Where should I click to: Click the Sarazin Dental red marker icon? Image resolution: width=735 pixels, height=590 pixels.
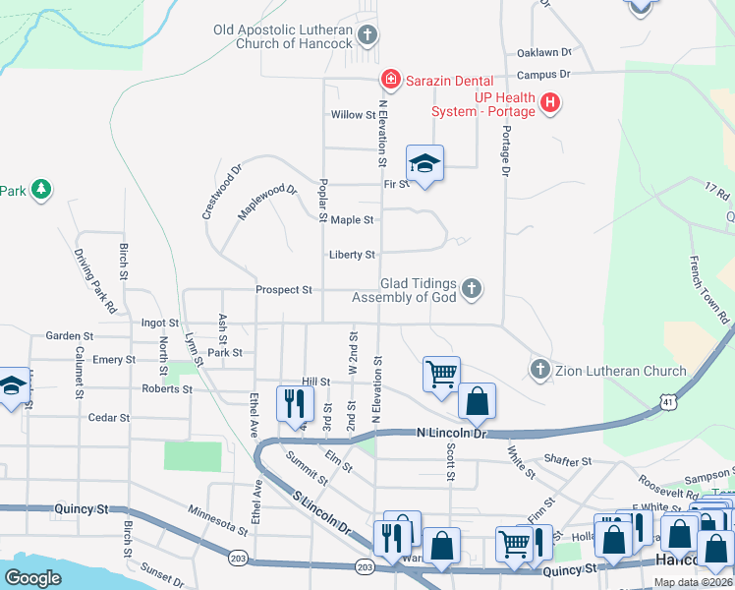[x=390, y=79]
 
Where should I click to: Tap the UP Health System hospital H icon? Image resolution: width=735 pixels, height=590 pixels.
[x=550, y=101]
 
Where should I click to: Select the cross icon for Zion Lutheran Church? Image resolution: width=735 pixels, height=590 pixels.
[x=538, y=370]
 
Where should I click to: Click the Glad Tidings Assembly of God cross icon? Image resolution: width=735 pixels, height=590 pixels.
[x=472, y=288]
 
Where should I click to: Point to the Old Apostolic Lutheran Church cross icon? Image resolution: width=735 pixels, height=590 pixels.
[x=367, y=37]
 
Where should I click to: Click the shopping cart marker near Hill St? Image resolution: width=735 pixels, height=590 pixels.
[x=441, y=374]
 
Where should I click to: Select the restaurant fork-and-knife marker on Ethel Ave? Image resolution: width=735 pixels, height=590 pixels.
[x=295, y=402]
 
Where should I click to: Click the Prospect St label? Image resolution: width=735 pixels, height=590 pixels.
[x=283, y=290]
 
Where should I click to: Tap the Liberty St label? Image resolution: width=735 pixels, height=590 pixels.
[x=352, y=255]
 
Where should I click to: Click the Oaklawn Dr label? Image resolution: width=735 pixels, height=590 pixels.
[x=543, y=52]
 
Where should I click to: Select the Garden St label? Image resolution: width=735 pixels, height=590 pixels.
[x=69, y=335]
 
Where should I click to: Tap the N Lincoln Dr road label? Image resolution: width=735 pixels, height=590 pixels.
[x=452, y=433]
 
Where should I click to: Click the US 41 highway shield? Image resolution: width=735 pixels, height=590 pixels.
[x=668, y=402]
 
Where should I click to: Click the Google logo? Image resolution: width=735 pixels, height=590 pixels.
[x=33, y=578]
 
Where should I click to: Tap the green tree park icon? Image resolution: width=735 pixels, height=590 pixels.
[x=40, y=189]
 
